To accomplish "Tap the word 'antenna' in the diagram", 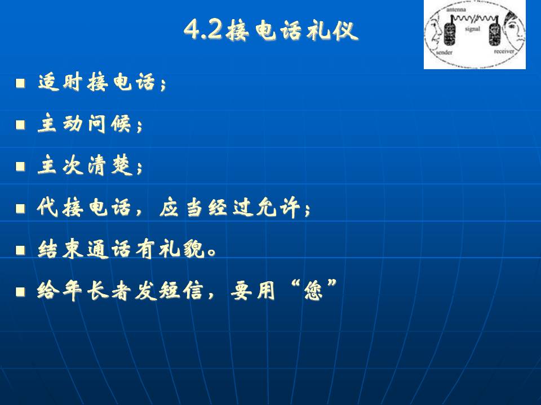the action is click(x=456, y=10).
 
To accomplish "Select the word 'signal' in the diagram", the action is click(x=472, y=29).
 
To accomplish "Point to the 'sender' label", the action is click(x=444, y=52).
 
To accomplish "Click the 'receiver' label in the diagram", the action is click(x=504, y=51).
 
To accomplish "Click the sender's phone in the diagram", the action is click(x=449, y=33).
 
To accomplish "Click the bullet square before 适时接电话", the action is click(x=20, y=83).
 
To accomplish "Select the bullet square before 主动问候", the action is click(x=20, y=124).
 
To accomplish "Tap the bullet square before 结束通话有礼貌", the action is click(x=20, y=250).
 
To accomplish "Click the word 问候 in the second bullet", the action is click(x=109, y=124).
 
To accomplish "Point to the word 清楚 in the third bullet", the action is click(x=109, y=165).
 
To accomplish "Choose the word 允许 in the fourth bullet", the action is click(x=278, y=208).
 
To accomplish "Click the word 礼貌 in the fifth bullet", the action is click(x=182, y=249).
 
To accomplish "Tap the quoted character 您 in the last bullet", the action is click(x=313, y=291).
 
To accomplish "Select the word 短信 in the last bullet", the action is click(x=180, y=291).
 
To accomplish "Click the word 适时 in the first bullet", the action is click(x=60, y=82).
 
